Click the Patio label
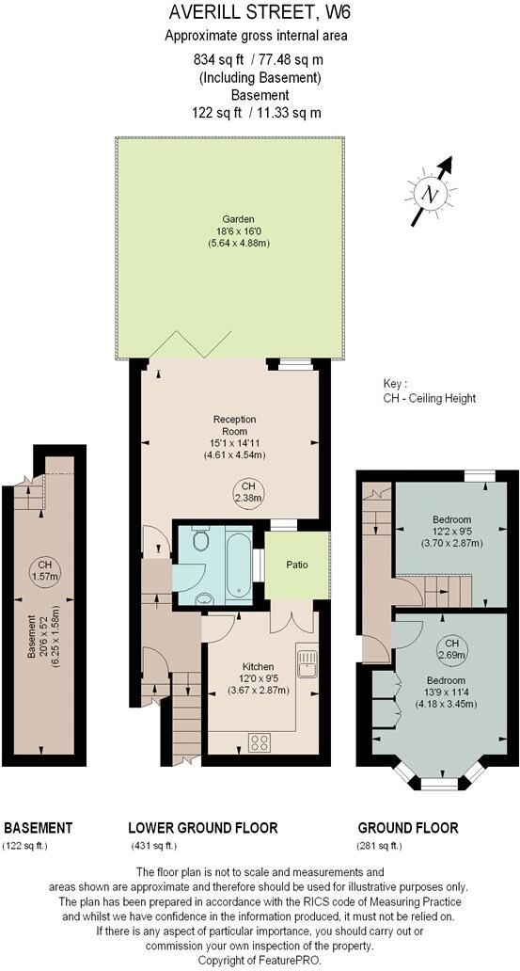pos(296,565)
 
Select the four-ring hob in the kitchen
pos(260,740)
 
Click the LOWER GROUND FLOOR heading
pos(202,828)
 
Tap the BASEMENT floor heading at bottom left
pos(39,828)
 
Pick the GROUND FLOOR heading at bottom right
pos(408,828)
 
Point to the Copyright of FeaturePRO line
pos(259,960)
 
